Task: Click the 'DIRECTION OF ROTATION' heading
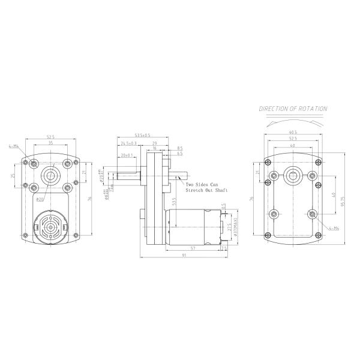(293, 109)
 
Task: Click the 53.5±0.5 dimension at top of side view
(142, 135)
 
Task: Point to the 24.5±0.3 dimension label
(128, 144)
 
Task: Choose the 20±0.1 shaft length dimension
(125, 155)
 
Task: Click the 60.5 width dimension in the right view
(293, 133)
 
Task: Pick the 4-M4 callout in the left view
(13, 146)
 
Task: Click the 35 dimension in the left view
(50, 144)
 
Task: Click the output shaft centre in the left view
(50, 175)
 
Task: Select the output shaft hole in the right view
(293, 175)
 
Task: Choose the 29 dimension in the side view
(155, 144)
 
